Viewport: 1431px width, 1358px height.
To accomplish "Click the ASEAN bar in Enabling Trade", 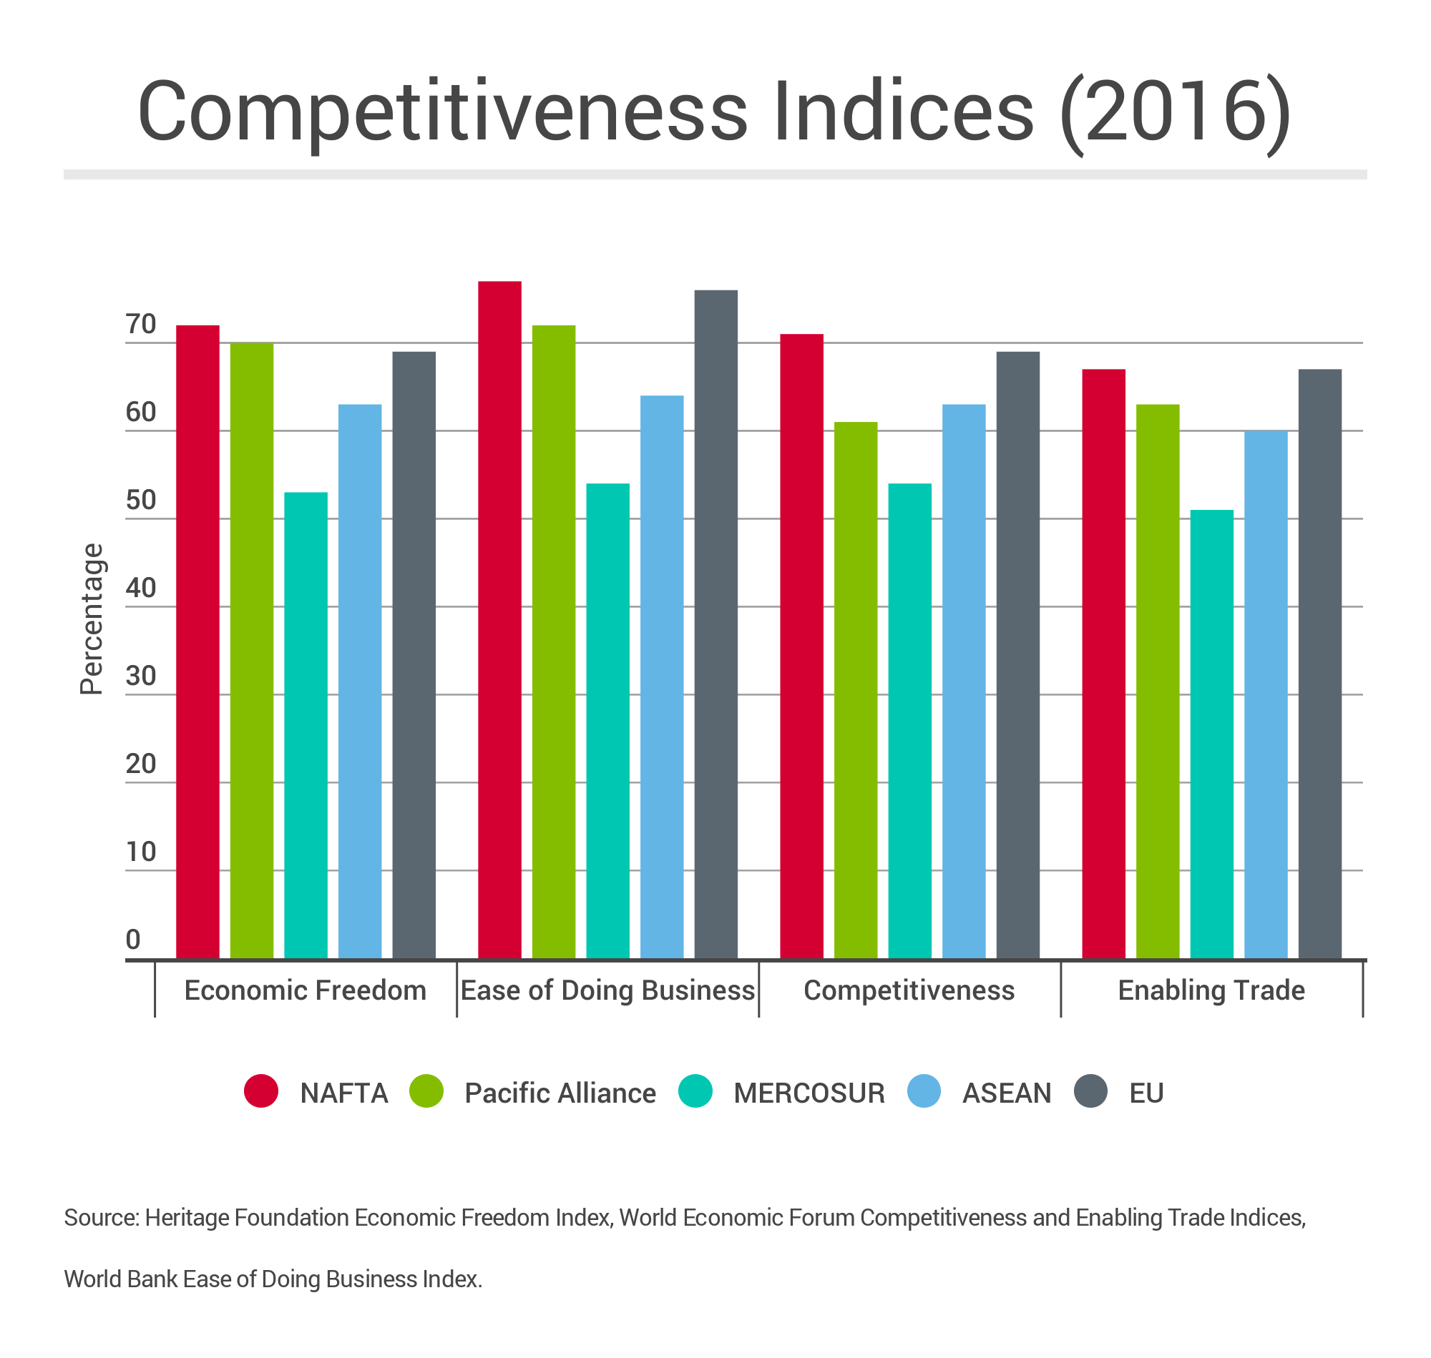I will (x=1265, y=694).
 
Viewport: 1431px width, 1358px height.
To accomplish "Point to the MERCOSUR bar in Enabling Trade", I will (x=1211, y=734).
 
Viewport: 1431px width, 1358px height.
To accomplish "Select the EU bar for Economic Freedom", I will (x=414, y=655).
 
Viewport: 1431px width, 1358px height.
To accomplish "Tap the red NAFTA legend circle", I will (x=261, y=1091).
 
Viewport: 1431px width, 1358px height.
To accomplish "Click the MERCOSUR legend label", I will (x=809, y=1093).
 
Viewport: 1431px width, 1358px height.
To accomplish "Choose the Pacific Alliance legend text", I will (x=560, y=1093).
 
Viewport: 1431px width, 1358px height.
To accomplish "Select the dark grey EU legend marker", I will (x=1090, y=1091).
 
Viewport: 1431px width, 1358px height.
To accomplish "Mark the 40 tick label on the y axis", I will (x=141, y=588).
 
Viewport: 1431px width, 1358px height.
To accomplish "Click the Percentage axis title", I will (x=92, y=619).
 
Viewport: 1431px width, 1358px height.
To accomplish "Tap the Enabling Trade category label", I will (x=1211, y=990).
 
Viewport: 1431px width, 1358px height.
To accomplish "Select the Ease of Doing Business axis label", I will (x=607, y=990).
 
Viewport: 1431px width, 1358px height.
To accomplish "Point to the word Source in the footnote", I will (x=101, y=1218).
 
